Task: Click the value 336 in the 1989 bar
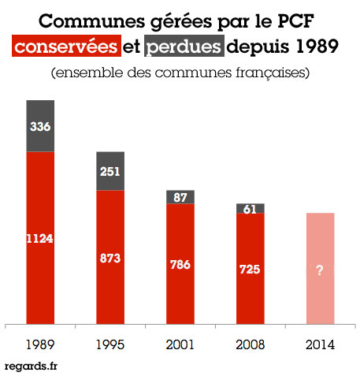(x=40, y=126)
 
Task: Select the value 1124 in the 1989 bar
(x=40, y=238)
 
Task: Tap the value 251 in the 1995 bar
(x=109, y=172)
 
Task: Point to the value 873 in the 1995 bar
(x=109, y=258)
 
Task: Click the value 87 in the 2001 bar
(x=180, y=197)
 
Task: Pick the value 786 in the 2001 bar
(x=180, y=265)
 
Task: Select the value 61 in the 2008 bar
(x=250, y=209)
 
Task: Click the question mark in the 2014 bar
(x=320, y=269)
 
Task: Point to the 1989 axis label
(x=40, y=344)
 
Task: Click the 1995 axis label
(x=109, y=344)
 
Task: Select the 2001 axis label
(x=180, y=344)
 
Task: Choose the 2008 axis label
(x=250, y=344)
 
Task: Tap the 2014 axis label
(x=320, y=344)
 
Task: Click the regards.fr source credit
(x=31, y=366)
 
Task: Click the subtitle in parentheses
(x=180, y=73)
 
